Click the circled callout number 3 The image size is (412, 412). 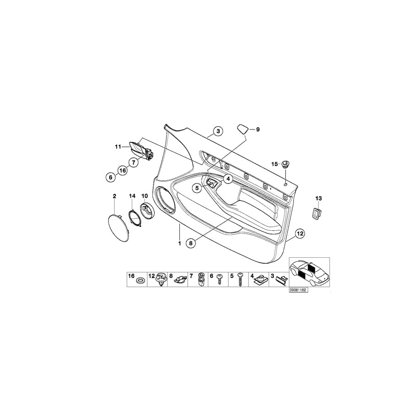pos(218,131)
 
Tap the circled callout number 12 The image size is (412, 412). pos(300,233)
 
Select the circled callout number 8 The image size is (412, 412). pos(191,244)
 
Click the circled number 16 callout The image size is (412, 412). pos(123,170)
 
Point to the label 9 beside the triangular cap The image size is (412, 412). pos(258,130)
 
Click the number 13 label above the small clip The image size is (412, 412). pos(319,198)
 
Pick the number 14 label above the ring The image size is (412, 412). pos(132,196)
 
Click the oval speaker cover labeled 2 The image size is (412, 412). pos(119,228)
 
